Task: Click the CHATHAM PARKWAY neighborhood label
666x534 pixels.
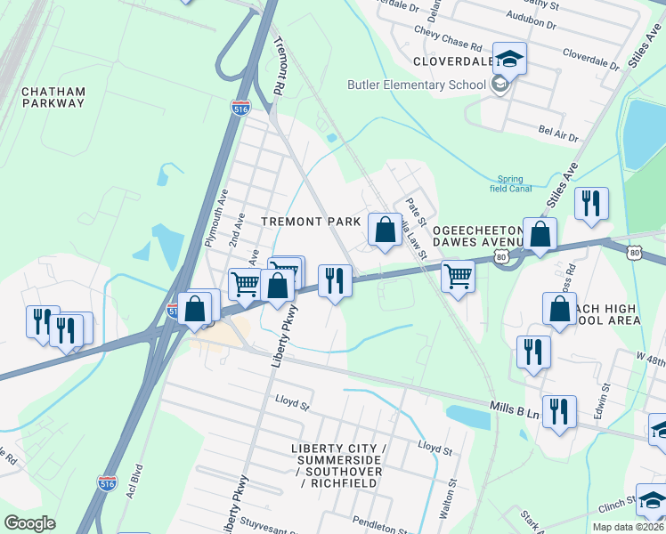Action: tap(53, 97)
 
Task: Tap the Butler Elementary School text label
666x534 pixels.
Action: tap(416, 85)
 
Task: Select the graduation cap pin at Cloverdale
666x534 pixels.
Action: tap(509, 60)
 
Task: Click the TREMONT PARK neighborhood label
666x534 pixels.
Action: tap(311, 221)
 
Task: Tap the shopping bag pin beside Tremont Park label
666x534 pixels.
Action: tap(385, 231)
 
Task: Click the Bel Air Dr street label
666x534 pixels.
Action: tap(558, 133)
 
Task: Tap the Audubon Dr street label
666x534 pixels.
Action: tap(531, 16)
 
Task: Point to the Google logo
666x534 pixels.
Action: tap(30, 523)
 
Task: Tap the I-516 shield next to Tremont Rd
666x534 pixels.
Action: tap(240, 109)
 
